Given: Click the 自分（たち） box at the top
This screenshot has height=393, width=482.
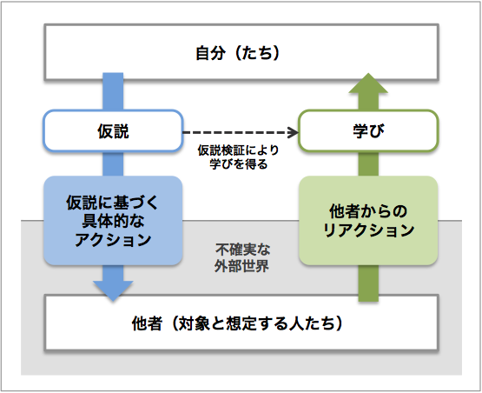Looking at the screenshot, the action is [241, 52].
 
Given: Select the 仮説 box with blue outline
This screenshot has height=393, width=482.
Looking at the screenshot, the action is [113, 130].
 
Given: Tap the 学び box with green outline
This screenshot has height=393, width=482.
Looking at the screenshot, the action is [368, 130].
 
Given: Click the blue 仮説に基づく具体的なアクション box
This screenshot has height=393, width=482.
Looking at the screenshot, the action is [113, 220].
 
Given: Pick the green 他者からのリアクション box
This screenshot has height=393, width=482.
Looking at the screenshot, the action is [368, 220].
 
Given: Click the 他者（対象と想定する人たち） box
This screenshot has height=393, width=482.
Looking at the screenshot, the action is [241, 323].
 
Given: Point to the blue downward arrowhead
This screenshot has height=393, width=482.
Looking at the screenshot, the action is [113, 290].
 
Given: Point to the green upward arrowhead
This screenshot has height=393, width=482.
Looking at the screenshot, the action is [368, 83].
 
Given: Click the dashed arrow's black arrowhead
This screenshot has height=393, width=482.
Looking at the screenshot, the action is [293, 132].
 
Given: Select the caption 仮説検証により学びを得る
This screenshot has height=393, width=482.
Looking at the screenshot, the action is [238, 157].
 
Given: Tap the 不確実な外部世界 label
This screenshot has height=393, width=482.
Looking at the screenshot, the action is [242, 258].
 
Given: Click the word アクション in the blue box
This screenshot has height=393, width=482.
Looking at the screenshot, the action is [113, 240].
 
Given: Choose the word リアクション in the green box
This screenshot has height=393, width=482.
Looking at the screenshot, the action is [368, 230].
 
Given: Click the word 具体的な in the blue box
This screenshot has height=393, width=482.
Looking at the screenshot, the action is [113, 221].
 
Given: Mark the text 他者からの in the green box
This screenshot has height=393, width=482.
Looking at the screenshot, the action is [368, 211].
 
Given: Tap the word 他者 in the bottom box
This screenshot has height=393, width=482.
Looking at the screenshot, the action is [147, 323].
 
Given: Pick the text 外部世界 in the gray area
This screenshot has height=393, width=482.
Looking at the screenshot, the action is [241, 266].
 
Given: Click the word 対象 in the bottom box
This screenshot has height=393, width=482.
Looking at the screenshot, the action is [194, 323].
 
